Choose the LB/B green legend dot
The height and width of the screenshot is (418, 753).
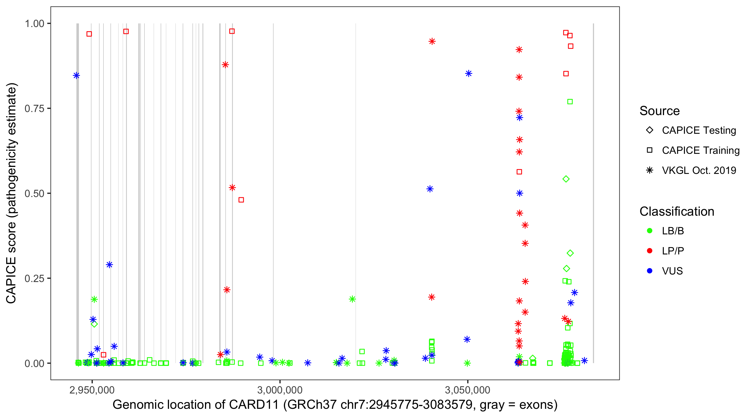[x=650, y=231]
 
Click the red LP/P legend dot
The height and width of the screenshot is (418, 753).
[x=650, y=251]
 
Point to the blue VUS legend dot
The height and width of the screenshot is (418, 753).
[x=650, y=271]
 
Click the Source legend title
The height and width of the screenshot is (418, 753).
[x=659, y=111]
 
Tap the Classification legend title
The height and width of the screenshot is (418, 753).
[x=676, y=212]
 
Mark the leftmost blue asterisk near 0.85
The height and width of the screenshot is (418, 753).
[x=76, y=76]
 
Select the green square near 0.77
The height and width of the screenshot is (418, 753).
[x=570, y=102]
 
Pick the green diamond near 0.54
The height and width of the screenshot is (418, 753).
[x=566, y=179]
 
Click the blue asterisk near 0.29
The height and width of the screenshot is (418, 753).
[x=109, y=265]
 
